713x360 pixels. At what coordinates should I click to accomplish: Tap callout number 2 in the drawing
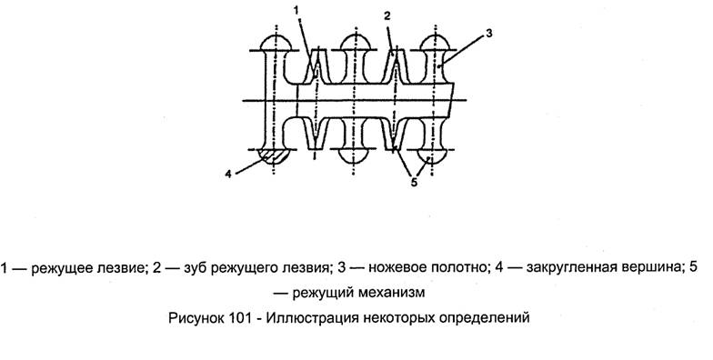tap(387, 16)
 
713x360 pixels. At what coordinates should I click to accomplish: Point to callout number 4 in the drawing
tap(226, 171)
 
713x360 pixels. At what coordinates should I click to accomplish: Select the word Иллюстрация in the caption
tap(312, 318)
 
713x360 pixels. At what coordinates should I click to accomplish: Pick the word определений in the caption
tap(487, 318)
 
